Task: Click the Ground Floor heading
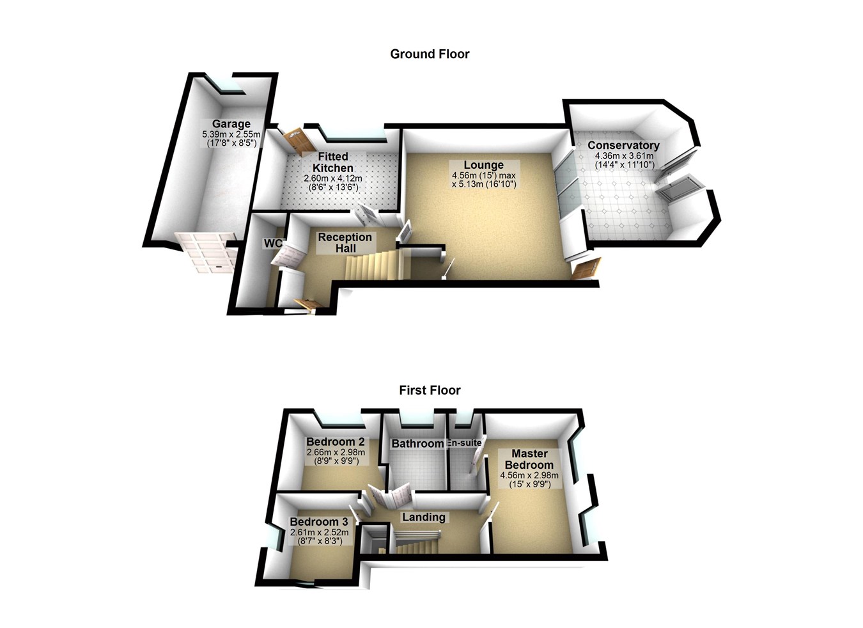tap(430, 54)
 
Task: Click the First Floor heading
tap(430, 390)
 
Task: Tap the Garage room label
tap(231, 124)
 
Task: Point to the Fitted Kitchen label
tap(332, 162)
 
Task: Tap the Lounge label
tap(484, 165)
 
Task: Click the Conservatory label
tap(623, 146)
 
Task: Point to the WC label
tap(273, 244)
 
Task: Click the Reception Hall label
tap(345, 242)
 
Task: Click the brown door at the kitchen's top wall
tap(296, 140)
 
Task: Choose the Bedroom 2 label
tap(335, 442)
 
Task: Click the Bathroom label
tap(417, 444)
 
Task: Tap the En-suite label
tap(464, 443)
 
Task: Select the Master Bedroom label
tap(529, 460)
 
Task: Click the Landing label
tap(423, 517)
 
